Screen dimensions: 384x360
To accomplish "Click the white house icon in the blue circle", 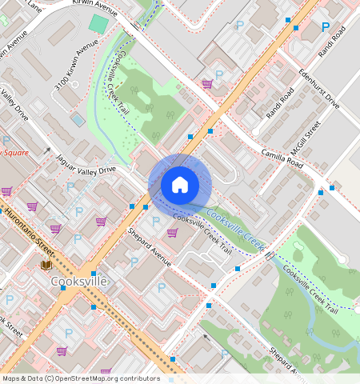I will pyautogui.click(x=180, y=185).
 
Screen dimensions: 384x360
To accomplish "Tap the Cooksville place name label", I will pyautogui.click(x=78, y=282).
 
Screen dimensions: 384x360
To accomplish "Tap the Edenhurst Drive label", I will pyautogui.click(x=319, y=89).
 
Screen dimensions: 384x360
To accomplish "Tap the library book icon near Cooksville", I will pyautogui.click(x=46, y=265).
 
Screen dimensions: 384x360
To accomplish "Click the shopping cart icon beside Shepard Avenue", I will pyautogui.click(x=172, y=233).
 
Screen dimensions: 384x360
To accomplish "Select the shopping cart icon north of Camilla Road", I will pyautogui.click(x=207, y=83).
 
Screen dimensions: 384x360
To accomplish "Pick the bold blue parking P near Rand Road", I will pyautogui.click(x=325, y=27).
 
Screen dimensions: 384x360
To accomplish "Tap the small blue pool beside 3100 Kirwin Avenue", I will pyautogui.click(x=78, y=119).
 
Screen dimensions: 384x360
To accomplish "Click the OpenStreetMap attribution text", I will pyautogui.click(x=81, y=378).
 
